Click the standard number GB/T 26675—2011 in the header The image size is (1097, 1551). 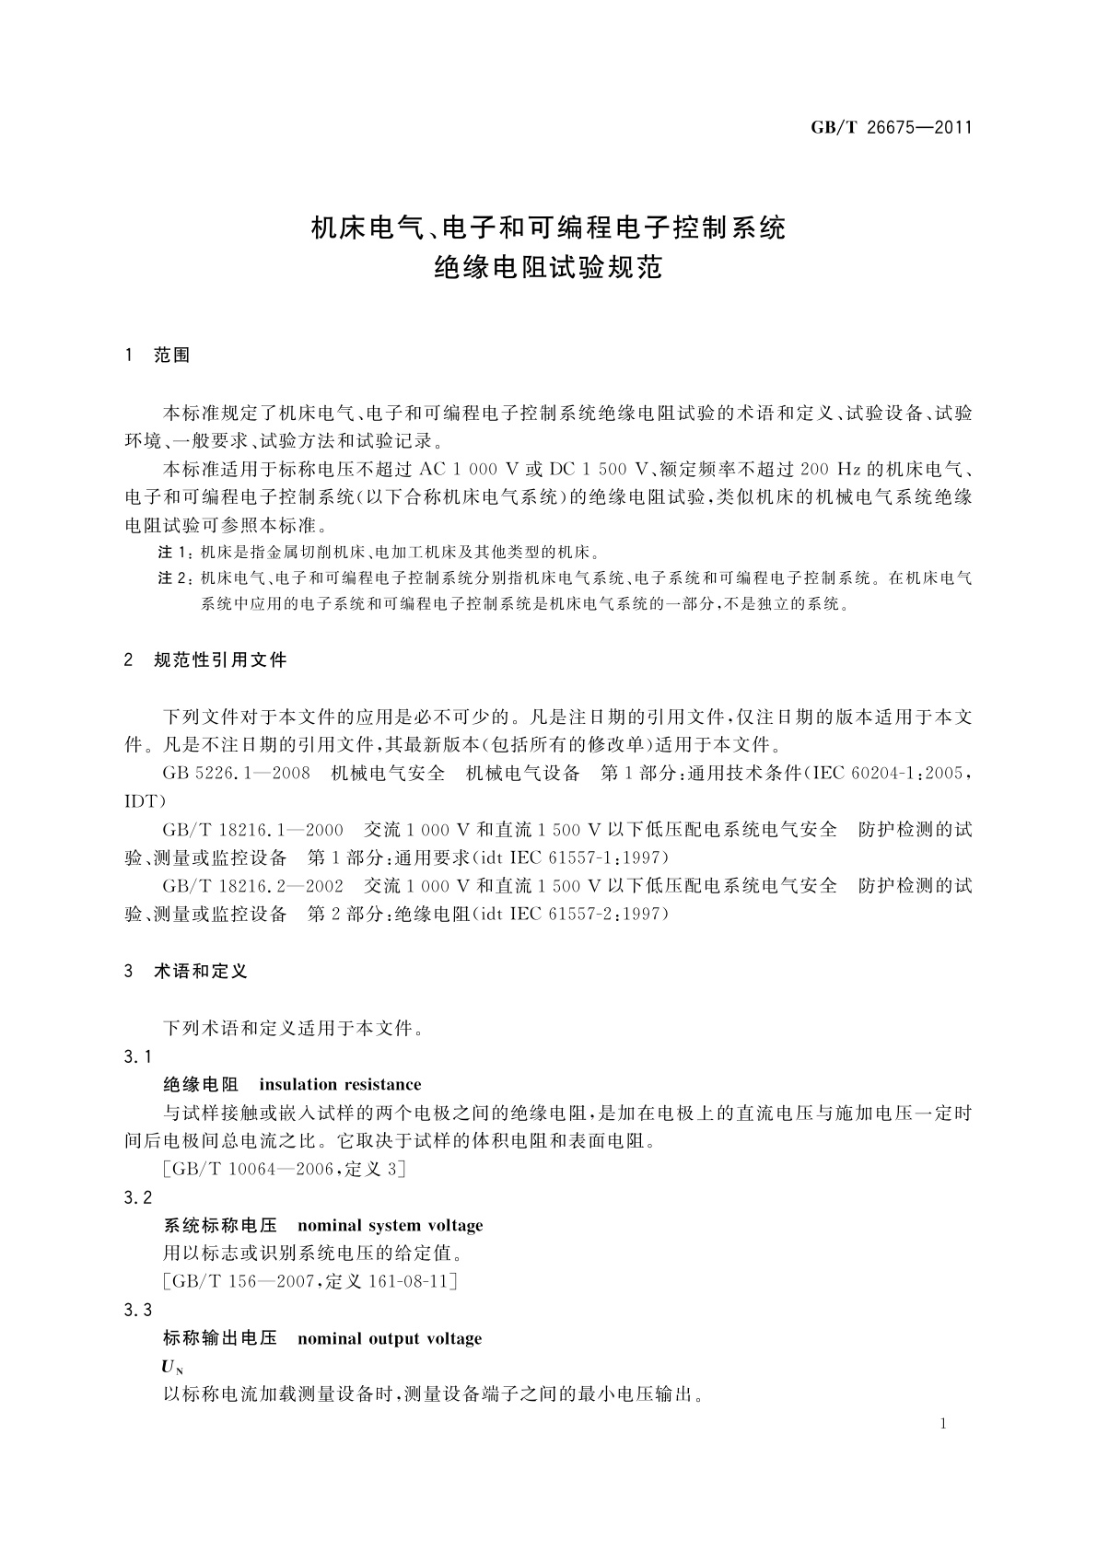[x=891, y=128]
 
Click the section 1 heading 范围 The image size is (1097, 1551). [x=171, y=356]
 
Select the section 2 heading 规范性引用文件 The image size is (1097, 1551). [x=220, y=660]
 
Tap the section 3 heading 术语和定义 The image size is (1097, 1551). [x=201, y=972]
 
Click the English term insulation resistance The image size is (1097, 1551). [x=340, y=1085]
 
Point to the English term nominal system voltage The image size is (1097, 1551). [x=391, y=1226]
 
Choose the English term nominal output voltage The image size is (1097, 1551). [x=390, y=1338]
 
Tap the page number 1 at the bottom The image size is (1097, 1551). [x=943, y=1424]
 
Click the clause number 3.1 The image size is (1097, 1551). [x=137, y=1056]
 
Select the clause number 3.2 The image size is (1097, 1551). [x=137, y=1197]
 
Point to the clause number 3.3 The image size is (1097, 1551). [x=137, y=1311]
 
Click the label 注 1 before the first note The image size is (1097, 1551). [x=175, y=554]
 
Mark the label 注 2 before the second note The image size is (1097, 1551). [x=175, y=578]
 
